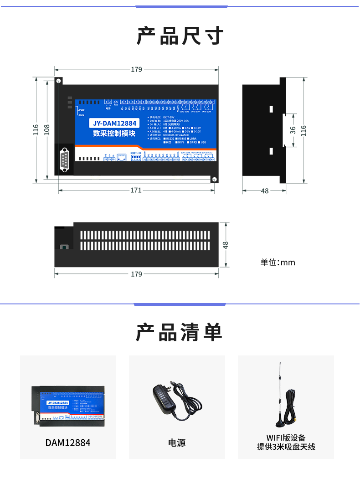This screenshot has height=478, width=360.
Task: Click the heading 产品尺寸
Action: pyautogui.click(x=180, y=36)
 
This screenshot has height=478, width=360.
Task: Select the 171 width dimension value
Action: pyautogui.click(x=136, y=190)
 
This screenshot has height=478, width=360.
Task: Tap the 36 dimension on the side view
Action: pyautogui.click(x=293, y=130)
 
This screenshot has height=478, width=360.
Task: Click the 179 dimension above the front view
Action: pyautogui.click(x=136, y=70)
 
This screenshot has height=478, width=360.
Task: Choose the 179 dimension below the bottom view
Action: pyautogui.click(x=136, y=274)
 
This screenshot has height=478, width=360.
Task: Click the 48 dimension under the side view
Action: pyautogui.click(x=264, y=191)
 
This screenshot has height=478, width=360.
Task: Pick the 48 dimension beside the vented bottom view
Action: pyautogui.click(x=225, y=245)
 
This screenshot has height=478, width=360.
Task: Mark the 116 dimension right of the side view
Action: pyautogui.click(x=304, y=130)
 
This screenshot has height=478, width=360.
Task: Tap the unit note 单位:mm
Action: pyautogui.click(x=278, y=262)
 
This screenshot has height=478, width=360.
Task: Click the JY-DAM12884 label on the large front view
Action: pyautogui.click(x=114, y=123)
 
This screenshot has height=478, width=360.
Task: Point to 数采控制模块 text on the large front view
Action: pyautogui.click(x=114, y=134)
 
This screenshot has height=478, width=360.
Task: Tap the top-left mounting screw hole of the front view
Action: pyautogui.click(x=59, y=81)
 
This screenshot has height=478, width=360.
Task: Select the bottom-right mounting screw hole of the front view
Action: pyautogui.click(x=213, y=179)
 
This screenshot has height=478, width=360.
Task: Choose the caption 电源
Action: pyautogui.click(x=177, y=442)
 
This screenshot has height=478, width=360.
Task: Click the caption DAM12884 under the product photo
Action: pyautogui.click(x=68, y=442)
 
